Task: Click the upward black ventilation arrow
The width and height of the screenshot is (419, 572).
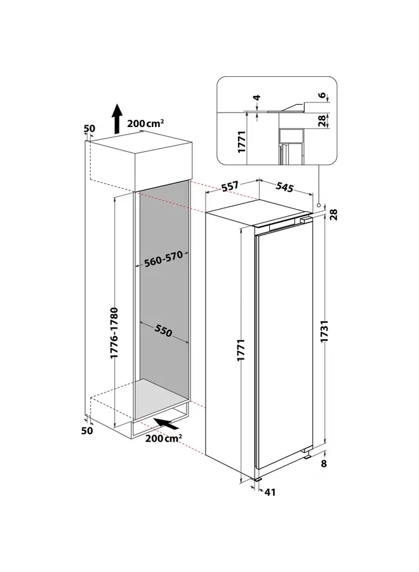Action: pyautogui.click(x=117, y=119)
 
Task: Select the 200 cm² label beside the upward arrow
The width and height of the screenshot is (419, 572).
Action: pyautogui.click(x=145, y=124)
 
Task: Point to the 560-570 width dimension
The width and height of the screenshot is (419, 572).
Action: pyautogui.click(x=164, y=261)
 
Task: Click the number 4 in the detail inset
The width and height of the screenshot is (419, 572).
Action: pyautogui.click(x=257, y=99)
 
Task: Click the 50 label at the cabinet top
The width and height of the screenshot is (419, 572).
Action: pyautogui.click(x=90, y=129)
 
